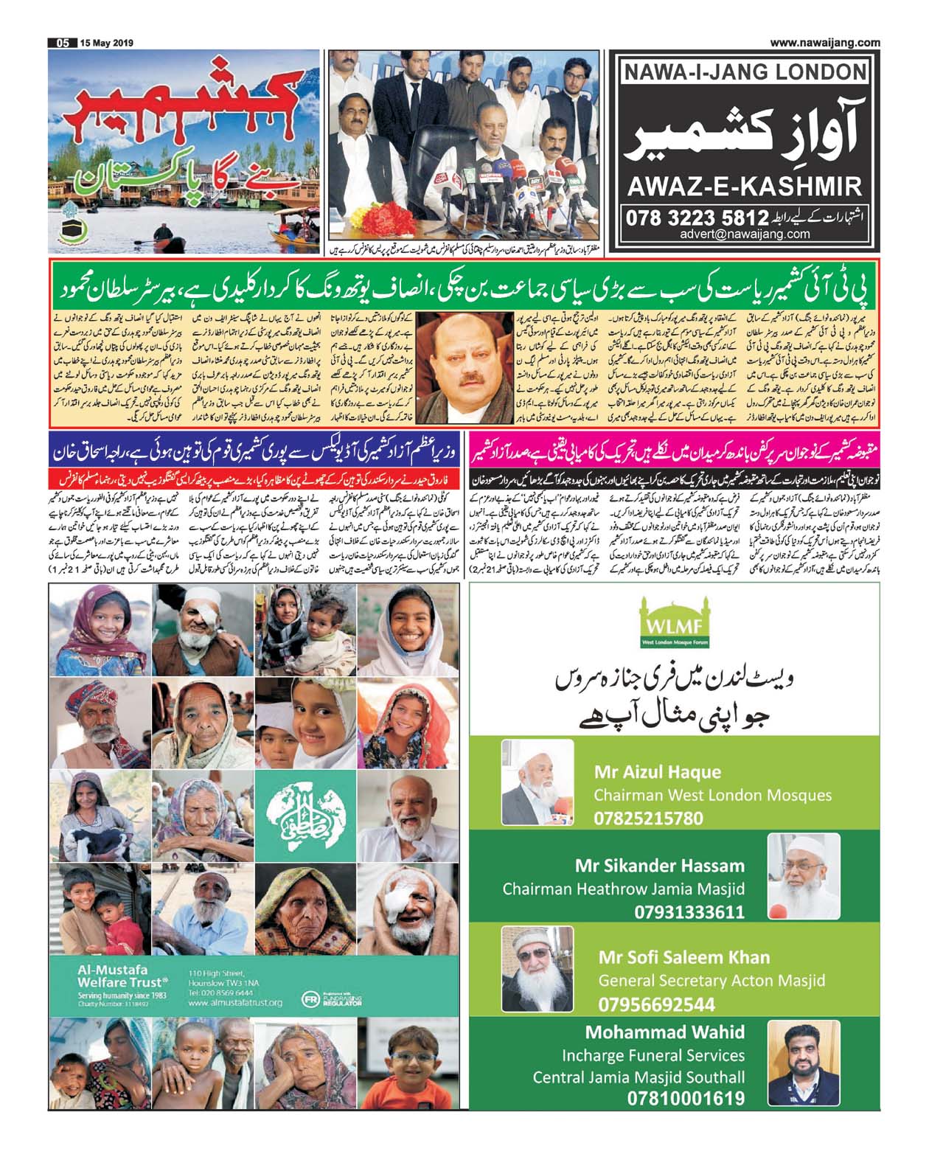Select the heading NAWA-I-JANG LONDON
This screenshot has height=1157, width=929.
click(x=745, y=72)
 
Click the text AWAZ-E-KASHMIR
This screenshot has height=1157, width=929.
click(x=744, y=187)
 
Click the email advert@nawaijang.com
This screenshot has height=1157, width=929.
click(x=745, y=234)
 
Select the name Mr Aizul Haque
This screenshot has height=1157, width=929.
click(x=658, y=772)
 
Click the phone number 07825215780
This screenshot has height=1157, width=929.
click(x=648, y=818)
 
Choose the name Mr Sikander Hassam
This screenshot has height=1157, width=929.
click(x=660, y=865)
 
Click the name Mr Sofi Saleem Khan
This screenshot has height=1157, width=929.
click(x=683, y=957)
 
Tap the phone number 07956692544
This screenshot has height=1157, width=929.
click(x=656, y=1004)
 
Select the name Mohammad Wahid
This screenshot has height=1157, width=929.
click(x=664, y=1032)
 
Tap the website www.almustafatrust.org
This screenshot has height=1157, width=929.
click(x=235, y=1003)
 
